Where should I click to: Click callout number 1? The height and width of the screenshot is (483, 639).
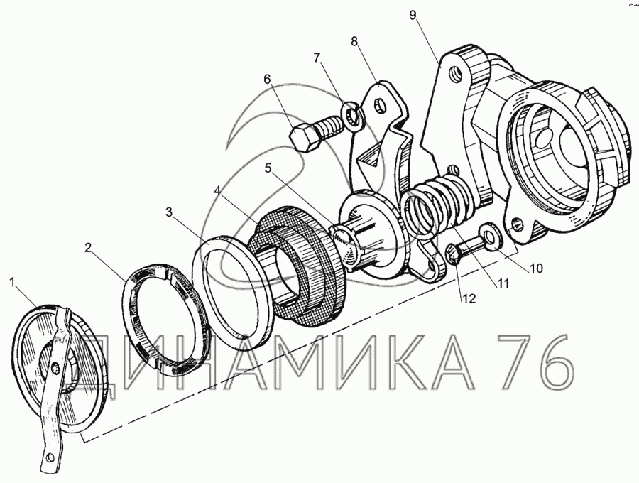click(x=13, y=282)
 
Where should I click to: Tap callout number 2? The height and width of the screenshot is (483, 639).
click(x=89, y=248)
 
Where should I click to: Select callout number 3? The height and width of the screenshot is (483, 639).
click(x=170, y=212)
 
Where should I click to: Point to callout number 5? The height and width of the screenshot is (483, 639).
click(x=268, y=168)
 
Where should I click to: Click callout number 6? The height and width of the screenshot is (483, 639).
click(x=268, y=79)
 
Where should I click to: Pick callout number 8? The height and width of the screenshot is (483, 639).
click(x=354, y=42)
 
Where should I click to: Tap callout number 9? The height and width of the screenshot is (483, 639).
click(x=413, y=16)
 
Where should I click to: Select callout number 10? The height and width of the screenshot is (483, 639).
click(x=535, y=268)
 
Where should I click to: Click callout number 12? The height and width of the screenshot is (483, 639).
click(x=469, y=299)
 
